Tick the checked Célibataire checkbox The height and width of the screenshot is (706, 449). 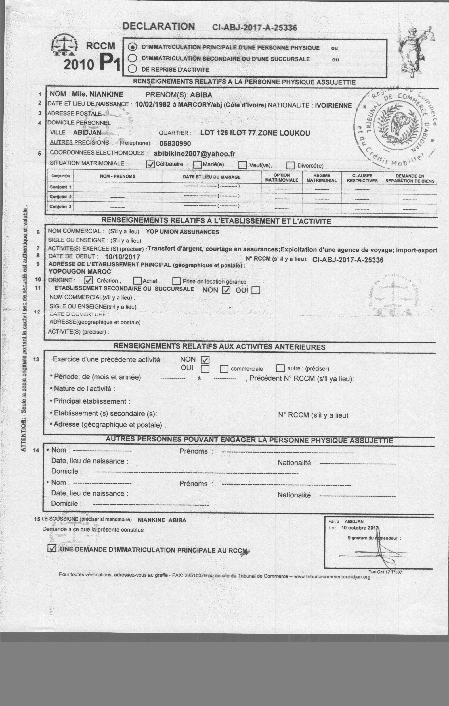click(150, 164)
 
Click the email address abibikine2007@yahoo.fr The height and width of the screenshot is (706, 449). click(194, 154)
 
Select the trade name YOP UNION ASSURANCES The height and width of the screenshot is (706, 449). click(183, 232)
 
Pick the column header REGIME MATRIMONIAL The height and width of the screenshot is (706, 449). click(322, 178)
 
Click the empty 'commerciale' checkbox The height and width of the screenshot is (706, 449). click(224, 369)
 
